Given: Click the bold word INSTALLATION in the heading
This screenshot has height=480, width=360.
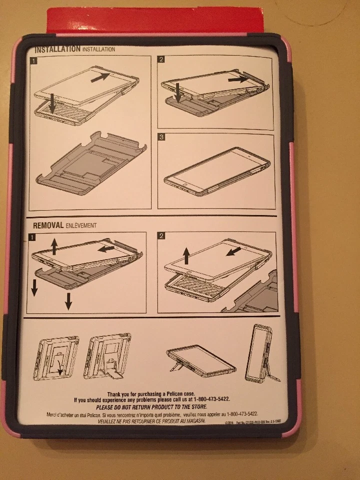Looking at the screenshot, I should tap(57, 49).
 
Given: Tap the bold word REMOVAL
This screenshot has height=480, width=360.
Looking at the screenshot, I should tap(48, 225).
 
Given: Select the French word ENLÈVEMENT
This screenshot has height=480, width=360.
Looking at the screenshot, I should tap(81, 225).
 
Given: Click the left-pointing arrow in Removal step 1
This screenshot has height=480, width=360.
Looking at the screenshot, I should tap(106, 248).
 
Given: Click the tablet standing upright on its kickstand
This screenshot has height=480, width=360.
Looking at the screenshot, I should tap(258, 352).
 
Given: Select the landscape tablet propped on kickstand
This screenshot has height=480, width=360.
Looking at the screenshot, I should tap(200, 360).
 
